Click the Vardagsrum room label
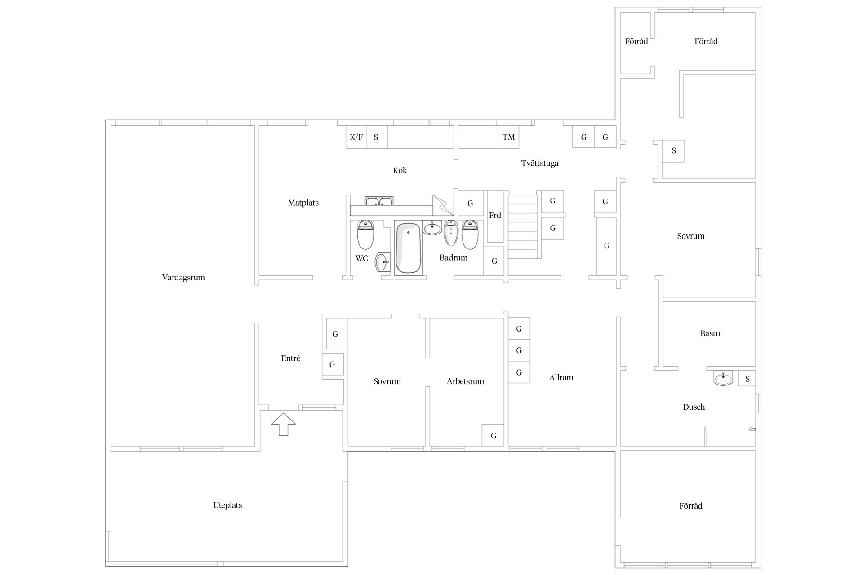coord(183,278)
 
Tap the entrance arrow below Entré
coord(284,424)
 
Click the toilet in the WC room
coord(365,234)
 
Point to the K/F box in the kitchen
coord(356,137)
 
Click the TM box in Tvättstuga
coord(508,137)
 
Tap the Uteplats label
coord(227,505)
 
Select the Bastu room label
coord(710,333)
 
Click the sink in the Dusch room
coord(723,378)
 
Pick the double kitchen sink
coord(379,201)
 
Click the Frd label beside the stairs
coord(495,216)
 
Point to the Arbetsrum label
coord(465,381)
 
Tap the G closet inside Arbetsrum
coord(493,435)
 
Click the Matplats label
coord(303,203)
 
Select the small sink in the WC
coord(383,262)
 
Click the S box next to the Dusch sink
coord(747,379)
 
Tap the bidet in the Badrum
coord(450,233)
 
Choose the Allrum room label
coord(561,378)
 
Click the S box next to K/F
coord(377,137)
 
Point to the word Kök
coord(400,171)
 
